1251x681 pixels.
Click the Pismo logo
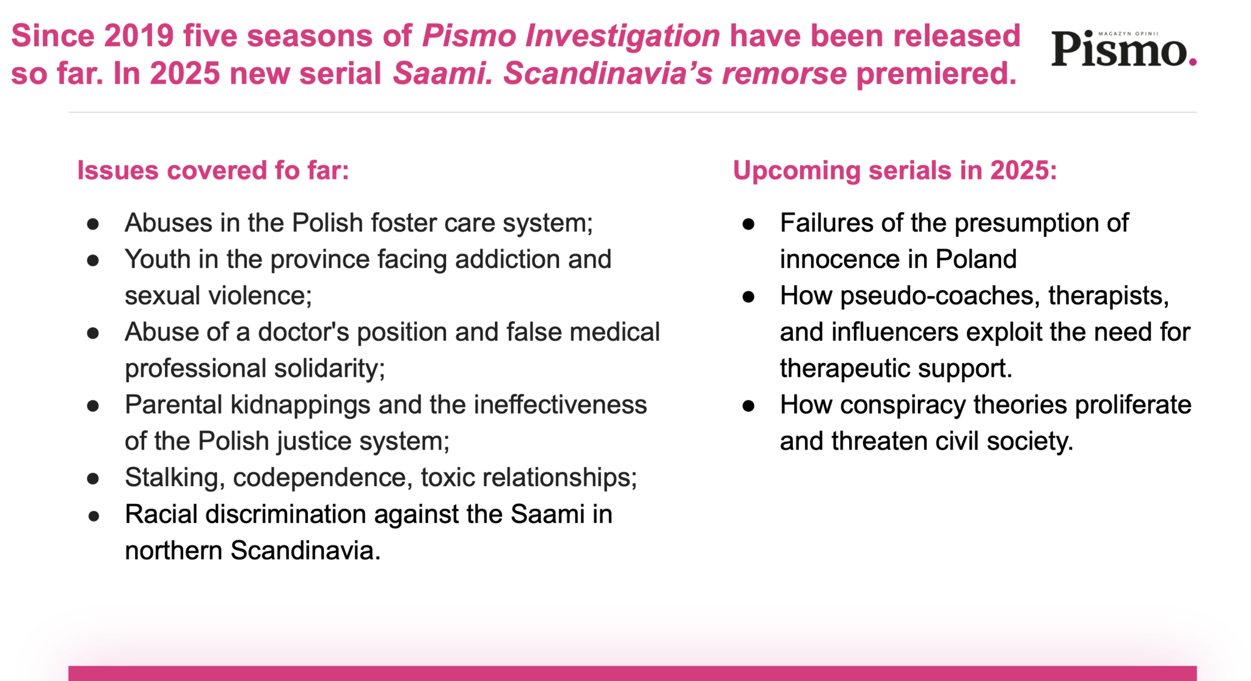click(1123, 48)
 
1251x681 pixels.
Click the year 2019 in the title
click(139, 35)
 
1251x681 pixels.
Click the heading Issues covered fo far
click(213, 170)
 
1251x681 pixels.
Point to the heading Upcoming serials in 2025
click(895, 170)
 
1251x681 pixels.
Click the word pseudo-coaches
click(939, 296)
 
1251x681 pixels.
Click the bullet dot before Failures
click(748, 224)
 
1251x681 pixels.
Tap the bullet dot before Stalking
click(93, 479)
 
